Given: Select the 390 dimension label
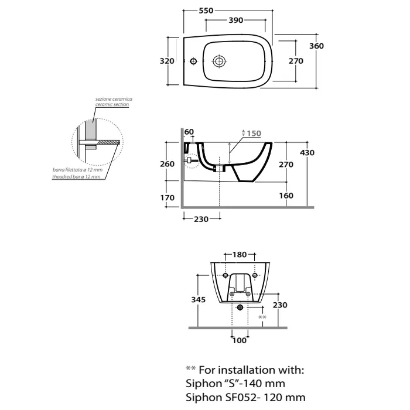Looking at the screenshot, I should pyautogui.click(x=236, y=20).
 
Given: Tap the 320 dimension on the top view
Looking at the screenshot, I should pyautogui.click(x=168, y=61).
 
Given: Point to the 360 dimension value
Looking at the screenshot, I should pyautogui.click(x=317, y=46).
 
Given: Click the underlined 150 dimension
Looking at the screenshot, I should pyautogui.click(x=252, y=133).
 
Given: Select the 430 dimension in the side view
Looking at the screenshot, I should pyautogui.click(x=307, y=152).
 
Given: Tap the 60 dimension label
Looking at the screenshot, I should pyautogui.click(x=189, y=131).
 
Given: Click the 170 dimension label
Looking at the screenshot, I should pyautogui.click(x=168, y=198).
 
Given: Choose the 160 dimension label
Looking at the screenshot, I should pyautogui.click(x=286, y=196).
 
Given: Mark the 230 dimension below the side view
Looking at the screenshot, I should pyautogui.click(x=201, y=219).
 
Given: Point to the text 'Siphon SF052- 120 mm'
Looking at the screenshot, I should pyautogui.click(x=244, y=398).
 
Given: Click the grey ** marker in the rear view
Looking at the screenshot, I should pyautogui.click(x=262, y=317).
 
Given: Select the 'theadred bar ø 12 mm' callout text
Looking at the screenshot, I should pyautogui.click(x=76, y=176).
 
